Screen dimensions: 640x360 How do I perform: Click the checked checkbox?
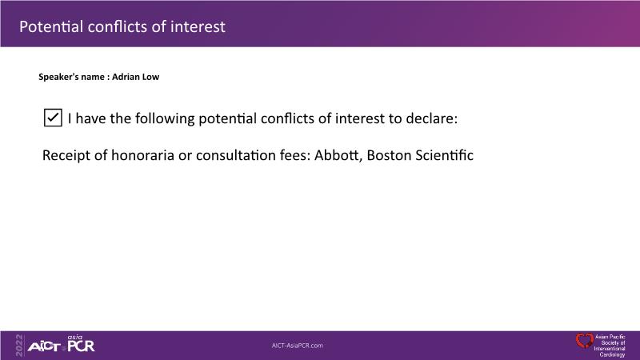point(53,118)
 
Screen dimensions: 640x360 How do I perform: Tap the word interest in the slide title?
point(198,26)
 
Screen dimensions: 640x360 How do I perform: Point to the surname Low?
point(150,77)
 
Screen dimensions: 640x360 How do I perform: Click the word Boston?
point(389,155)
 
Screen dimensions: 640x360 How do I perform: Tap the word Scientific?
point(445,155)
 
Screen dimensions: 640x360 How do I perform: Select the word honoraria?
point(143,155)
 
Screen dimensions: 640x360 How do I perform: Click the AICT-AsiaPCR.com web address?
point(298,346)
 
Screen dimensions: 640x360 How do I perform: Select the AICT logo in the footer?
point(44,347)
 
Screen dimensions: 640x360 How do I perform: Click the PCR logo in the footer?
point(81,346)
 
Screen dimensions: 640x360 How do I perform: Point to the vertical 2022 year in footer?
point(19,346)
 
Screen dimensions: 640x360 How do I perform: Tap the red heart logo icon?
point(585,341)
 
